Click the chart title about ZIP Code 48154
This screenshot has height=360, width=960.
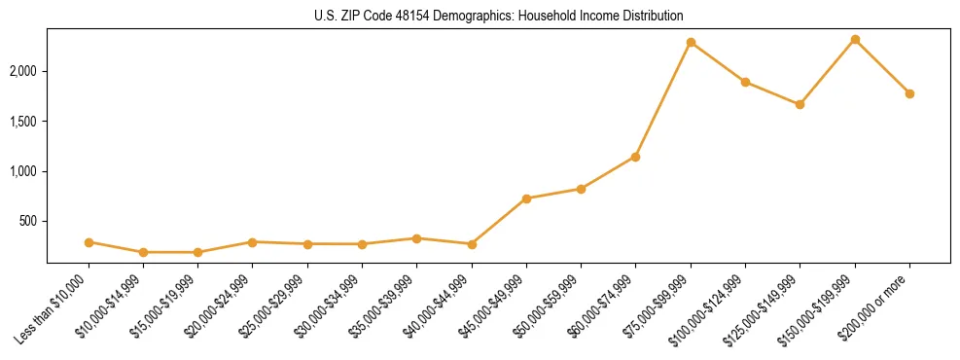click(x=498, y=16)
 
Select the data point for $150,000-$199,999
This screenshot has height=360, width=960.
click(x=855, y=40)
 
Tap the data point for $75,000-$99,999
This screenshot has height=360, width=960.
click(x=691, y=43)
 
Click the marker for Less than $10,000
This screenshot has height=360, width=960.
click(x=89, y=242)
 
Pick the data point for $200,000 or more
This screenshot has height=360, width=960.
click(x=909, y=93)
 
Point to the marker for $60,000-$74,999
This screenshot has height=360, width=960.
click(x=636, y=157)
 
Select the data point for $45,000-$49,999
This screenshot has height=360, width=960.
click(x=526, y=198)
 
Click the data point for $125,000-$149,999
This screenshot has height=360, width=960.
click(x=800, y=104)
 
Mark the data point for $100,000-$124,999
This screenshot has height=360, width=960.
click(x=745, y=82)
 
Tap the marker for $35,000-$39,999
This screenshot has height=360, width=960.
click(x=416, y=238)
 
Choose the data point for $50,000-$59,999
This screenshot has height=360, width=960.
click(x=581, y=189)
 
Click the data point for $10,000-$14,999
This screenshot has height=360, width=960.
click(x=143, y=252)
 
